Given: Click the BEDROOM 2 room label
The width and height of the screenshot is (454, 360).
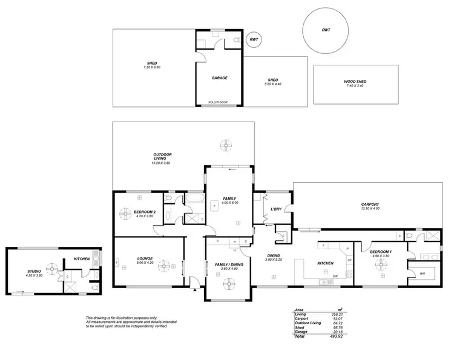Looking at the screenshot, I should tap(145, 212).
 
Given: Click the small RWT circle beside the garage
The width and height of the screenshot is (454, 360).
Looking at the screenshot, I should tap(253, 39).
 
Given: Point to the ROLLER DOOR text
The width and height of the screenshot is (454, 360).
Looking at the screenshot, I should tap(217, 102).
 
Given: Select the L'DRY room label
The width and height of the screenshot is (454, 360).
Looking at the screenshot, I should tap(275, 209).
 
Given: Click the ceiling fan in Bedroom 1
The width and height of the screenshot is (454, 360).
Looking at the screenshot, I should tap(382, 262).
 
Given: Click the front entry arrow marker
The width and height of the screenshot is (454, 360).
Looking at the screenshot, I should tap(194, 289).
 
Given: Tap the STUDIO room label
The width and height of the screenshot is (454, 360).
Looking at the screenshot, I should tap(34, 271).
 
